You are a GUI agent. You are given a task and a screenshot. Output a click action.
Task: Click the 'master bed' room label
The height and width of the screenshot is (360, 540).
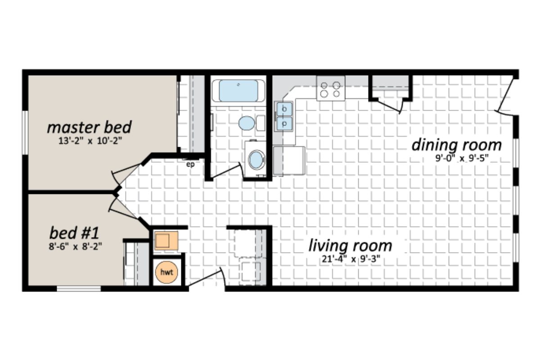coord(89,127)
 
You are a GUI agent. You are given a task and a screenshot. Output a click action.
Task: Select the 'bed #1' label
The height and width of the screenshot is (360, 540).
coord(74,234)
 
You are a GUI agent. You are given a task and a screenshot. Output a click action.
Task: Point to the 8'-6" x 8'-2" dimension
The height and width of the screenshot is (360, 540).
coord(74,246)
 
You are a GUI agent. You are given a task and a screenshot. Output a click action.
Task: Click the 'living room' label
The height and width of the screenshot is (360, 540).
coord(350,246)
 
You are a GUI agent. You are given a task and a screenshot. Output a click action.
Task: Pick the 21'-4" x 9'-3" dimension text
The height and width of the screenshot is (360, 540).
coord(350,259)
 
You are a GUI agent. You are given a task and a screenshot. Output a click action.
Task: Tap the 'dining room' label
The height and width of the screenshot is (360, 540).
coord(456,145)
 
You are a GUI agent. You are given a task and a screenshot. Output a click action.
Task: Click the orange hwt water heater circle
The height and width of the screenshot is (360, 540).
coord(167,272)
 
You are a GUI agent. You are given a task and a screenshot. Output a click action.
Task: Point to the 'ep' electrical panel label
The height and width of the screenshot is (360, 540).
coord(190,164)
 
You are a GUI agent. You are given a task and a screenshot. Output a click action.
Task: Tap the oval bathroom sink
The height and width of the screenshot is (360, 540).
coord(246,123)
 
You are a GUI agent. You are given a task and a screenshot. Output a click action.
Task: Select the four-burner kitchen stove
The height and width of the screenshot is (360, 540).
coord(330,88)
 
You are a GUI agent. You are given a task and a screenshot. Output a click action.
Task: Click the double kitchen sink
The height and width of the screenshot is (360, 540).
coord(284,116)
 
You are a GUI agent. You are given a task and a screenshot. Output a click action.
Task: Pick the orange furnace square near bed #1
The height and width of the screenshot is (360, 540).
coord(166,241)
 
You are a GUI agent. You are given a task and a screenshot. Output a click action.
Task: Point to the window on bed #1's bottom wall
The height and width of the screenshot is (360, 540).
coord(79,288)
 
